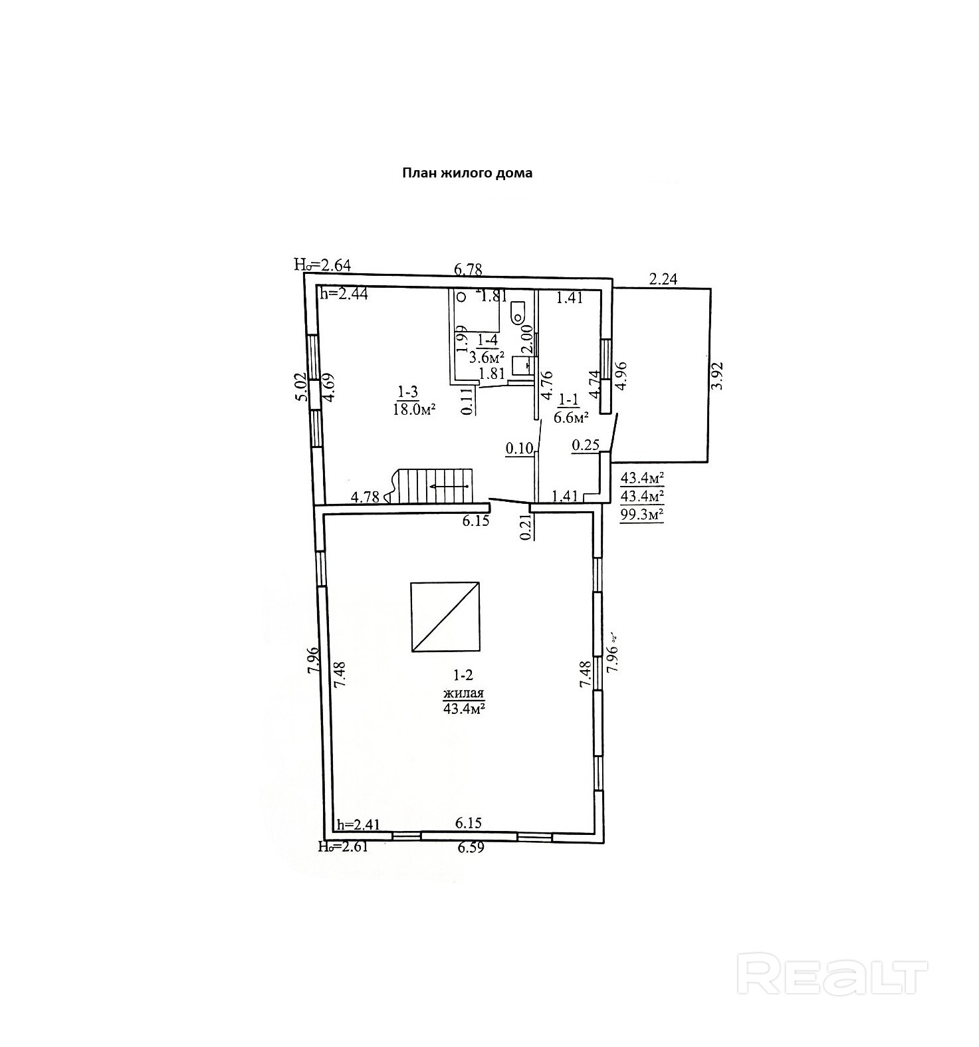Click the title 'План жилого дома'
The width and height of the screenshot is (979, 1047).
pos(467,174)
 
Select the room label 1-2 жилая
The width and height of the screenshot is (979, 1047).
pos(463,693)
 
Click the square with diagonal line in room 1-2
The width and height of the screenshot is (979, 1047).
pos(445,617)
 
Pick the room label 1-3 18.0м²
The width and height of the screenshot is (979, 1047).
pos(413,401)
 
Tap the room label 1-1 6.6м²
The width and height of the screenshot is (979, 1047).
pos(572,409)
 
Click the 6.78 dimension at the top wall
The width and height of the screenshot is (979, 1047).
pos(468,269)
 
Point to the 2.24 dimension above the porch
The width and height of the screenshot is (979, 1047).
pos(663,279)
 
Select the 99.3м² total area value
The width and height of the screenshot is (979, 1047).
pos(642,515)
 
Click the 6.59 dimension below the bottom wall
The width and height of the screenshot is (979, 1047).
pos(469,848)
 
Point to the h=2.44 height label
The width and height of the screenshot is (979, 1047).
pos(344,293)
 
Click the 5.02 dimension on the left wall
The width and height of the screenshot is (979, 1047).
pos(302,386)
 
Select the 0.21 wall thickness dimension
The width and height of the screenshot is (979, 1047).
pos(526,527)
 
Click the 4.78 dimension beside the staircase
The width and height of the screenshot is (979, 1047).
pos(365,497)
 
